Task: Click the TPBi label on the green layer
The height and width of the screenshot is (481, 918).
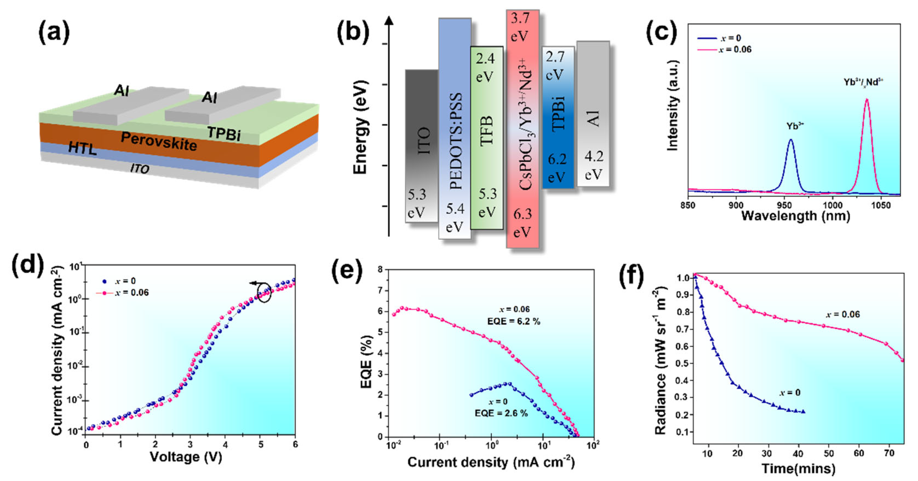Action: [x=224, y=133]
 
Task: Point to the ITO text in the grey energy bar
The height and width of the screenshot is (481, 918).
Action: [x=424, y=141]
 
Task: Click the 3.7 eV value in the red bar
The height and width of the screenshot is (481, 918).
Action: [x=520, y=27]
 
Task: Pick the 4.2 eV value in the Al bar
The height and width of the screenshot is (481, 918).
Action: [x=594, y=165]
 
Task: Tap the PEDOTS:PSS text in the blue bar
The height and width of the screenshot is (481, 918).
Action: [x=455, y=141]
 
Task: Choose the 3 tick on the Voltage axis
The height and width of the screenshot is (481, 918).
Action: [x=190, y=445]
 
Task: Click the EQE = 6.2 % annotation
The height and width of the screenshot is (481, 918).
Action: [x=513, y=321]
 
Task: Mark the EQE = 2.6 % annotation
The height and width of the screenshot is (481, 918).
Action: [x=501, y=413]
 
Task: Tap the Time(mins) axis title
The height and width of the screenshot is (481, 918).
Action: [x=798, y=468]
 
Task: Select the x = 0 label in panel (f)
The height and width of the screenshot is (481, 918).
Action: [x=790, y=393]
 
